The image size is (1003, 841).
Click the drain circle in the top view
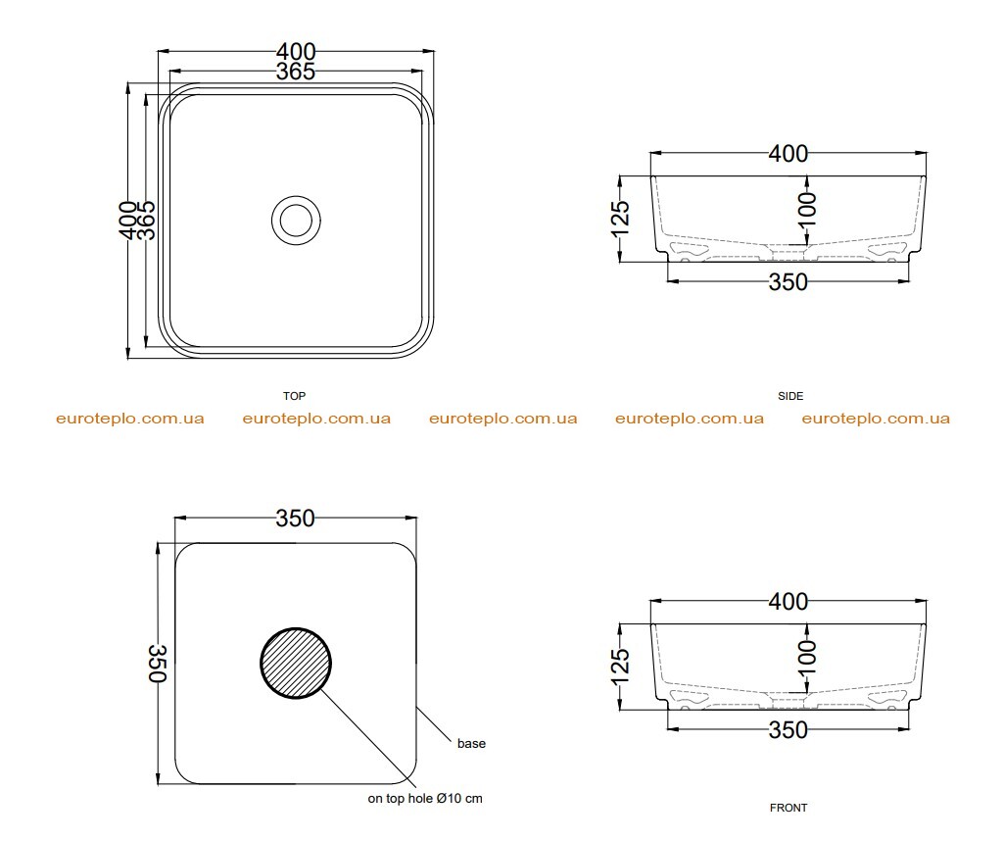(296, 197)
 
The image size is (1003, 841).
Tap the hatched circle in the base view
(296, 663)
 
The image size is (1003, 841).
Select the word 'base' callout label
(471, 744)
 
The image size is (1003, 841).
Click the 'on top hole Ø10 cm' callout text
(425, 799)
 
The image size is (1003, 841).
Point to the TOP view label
(294, 396)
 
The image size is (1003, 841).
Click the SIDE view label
(790, 396)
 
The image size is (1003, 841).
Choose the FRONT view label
(788, 808)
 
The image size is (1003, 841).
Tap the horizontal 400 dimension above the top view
(296, 51)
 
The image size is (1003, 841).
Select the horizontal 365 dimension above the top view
(296, 72)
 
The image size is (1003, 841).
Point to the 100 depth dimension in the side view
(807, 209)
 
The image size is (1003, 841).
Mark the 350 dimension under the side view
(788, 282)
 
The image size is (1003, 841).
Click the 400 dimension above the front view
(788, 602)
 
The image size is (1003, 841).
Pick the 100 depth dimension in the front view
(807, 657)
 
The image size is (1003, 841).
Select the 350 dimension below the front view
(788, 730)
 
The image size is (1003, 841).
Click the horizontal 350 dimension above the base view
(296, 518)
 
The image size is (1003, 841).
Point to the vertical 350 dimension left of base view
(158, 663)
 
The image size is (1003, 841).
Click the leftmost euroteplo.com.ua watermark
(130, 419)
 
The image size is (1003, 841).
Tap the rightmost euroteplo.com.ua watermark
(876, 419)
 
